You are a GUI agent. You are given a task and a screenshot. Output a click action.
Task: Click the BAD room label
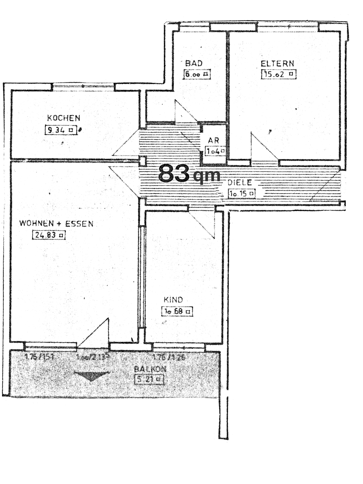pyautogui.click(x=194, y=63)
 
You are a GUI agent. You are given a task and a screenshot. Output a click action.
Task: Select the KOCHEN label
pyautogui.click(x=64, y=118)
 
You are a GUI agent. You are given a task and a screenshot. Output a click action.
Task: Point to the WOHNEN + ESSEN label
pyautogui.click(x=56, y=224)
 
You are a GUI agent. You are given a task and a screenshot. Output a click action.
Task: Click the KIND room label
pyautogui.click(x=173, y=300)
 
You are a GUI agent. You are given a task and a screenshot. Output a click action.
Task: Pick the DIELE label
pyautogui.click(x=240, y=183)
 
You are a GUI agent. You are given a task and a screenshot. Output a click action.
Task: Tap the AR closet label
pyautogui.click(x=213, y=140)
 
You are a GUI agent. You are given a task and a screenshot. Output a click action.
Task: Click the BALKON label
pyautogui.click(x=150, y=369)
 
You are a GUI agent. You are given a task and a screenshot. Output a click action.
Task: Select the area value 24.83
pyautogui.click(x=48, y=235)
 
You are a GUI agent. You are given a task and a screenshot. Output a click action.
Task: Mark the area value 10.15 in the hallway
pyautogui.click(x=241, y=194)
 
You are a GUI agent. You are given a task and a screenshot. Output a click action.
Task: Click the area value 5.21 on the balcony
pyautogui.click(x=149, y=379)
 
